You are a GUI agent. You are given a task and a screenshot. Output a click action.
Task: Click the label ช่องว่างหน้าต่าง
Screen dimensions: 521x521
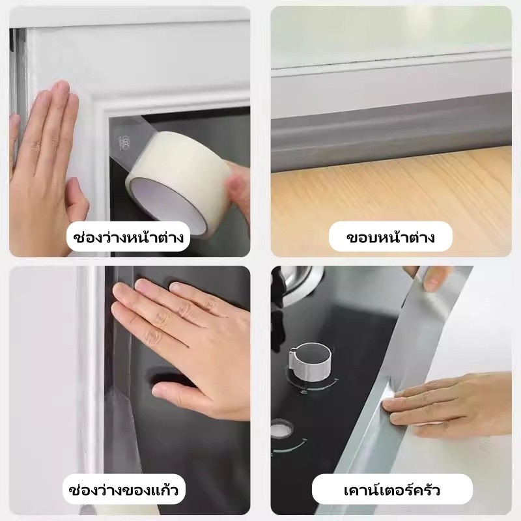(128, 237)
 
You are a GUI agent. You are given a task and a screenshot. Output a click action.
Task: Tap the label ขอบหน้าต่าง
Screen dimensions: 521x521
(390, 237)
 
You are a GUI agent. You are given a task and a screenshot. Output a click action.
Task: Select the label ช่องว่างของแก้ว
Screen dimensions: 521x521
(124, 490)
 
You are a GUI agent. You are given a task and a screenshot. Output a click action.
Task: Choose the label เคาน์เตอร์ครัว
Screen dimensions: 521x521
(392, 490)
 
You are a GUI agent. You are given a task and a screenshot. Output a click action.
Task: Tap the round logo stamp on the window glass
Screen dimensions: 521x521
(123, 142)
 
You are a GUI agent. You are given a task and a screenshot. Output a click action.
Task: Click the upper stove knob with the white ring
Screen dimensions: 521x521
(311, 361)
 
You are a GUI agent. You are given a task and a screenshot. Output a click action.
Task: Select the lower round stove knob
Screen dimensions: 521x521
(282, 429)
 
